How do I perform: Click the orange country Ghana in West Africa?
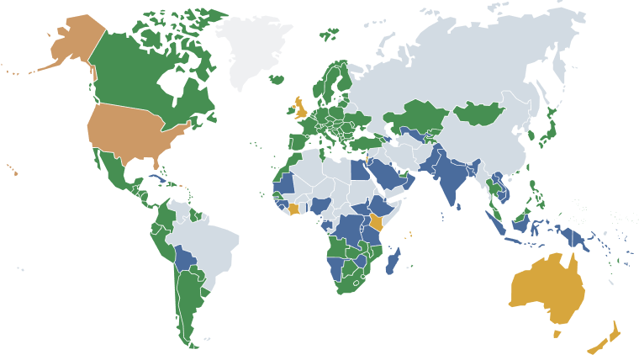(293, 209)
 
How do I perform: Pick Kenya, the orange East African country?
(376, 222)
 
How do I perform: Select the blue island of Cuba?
(156, 180)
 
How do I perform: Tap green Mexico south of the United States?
(114, 172)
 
